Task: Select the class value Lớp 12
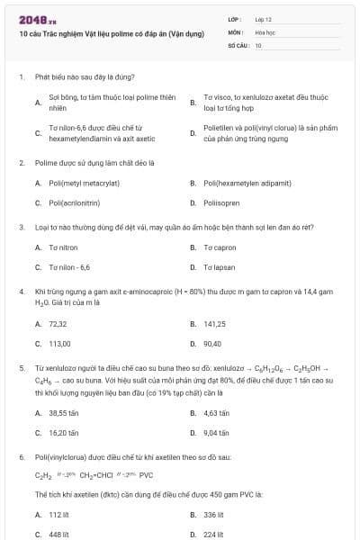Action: pyautogui.click(x=263, y=19)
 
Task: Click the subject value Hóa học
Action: pyautogui.click(x=265, y=31)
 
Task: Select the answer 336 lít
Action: pyautogui.click(x=214, y=515)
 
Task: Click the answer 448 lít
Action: pyautogui.click(x=59, y=535)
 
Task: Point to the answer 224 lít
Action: pyautogui.click(x=214, y=535)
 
